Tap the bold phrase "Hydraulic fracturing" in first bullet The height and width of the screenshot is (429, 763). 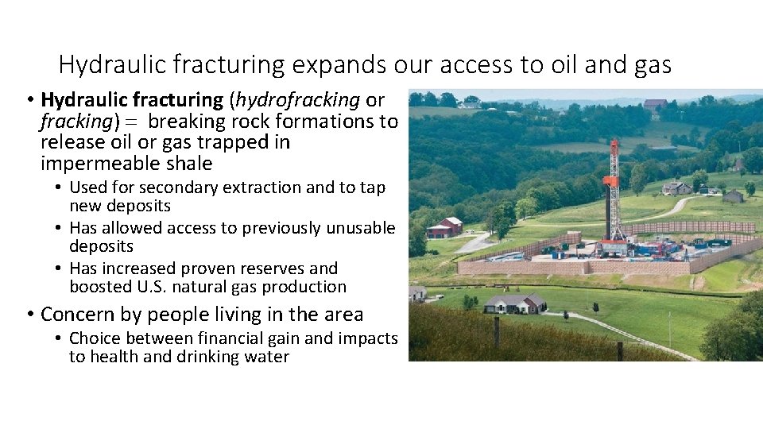tap(132, 100)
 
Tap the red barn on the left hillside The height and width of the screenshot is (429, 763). tap(445, 228)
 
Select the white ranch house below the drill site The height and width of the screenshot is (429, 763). tap(515, 303)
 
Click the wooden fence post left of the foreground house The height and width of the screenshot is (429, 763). tap(496, 331)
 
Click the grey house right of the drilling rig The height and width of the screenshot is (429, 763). tap(676, 188)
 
